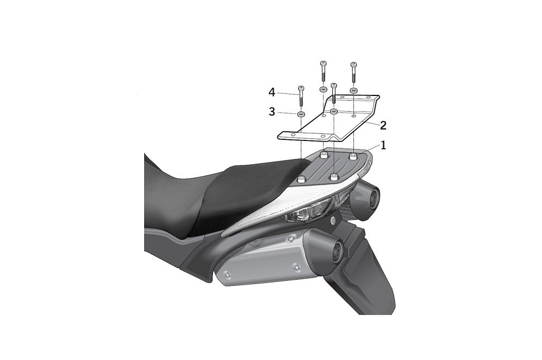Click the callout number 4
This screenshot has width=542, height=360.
pos(272,93)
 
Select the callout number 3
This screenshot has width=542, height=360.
pos(272,112)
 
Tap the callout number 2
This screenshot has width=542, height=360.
pos(383,125)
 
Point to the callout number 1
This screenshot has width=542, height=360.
pos(383,146)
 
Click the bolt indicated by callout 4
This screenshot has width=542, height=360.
pos(300,97)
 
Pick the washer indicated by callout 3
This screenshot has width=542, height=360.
pos(300,114)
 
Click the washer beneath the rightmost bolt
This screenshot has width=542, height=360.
pos(353,89)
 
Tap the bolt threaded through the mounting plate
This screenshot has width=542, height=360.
pos(334,93)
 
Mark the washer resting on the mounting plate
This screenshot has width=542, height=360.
pos(334,111)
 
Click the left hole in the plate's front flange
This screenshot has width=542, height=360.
pos(295,135)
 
